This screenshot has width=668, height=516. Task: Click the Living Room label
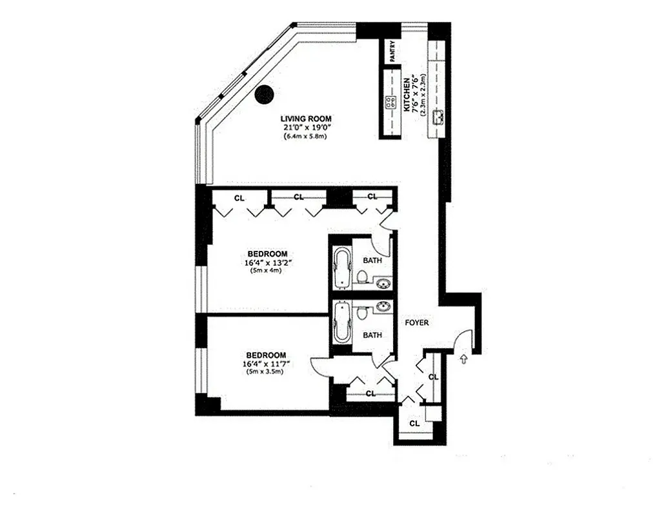[306, 119]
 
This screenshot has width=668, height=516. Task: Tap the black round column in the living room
[264, 95]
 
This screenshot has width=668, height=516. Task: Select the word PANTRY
[392, 51]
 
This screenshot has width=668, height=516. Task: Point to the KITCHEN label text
[407, 95]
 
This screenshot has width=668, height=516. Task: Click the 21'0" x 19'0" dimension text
[305, 128]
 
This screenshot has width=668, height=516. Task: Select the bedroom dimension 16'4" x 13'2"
[267, 263]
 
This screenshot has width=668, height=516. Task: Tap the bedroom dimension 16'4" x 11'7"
[266, 364]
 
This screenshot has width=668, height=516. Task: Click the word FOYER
[417, 322]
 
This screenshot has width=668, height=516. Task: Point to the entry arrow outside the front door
[464, 359]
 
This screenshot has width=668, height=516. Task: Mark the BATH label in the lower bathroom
[372, 335]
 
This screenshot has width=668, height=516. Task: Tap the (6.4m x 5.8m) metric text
[305, 137]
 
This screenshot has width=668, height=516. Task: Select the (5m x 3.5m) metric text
[266, 373]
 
